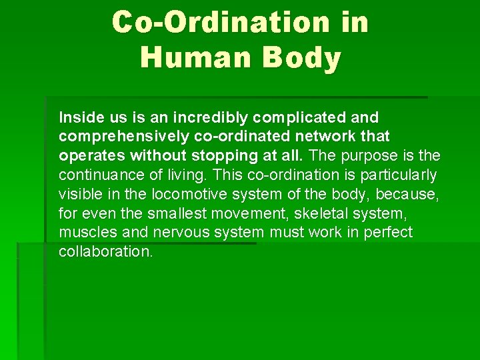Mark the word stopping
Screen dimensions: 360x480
220,156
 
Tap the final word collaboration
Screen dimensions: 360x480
105,252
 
